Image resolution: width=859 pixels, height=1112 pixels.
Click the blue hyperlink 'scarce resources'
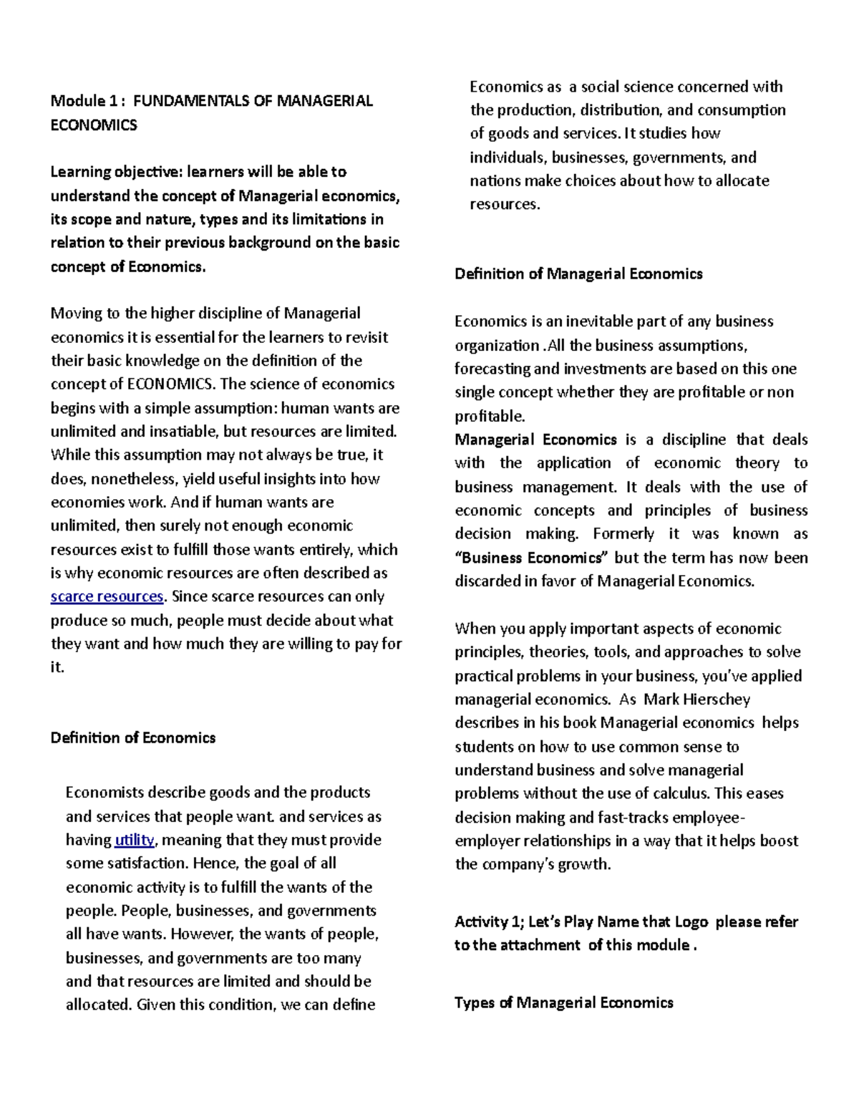click(107, 596)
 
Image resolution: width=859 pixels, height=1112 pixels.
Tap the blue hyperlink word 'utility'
click(134, 840)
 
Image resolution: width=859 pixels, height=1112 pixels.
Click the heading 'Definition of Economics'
click(132, 738)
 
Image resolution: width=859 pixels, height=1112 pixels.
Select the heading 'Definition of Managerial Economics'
click(578, 274)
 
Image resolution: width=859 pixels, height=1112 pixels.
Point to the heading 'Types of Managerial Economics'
click(563, 1002)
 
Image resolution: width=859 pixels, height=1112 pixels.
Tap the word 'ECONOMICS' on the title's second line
click(93, 125)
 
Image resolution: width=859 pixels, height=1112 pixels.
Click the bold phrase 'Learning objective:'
click(116, 172)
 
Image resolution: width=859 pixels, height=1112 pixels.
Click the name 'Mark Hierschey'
click(697, 699)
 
